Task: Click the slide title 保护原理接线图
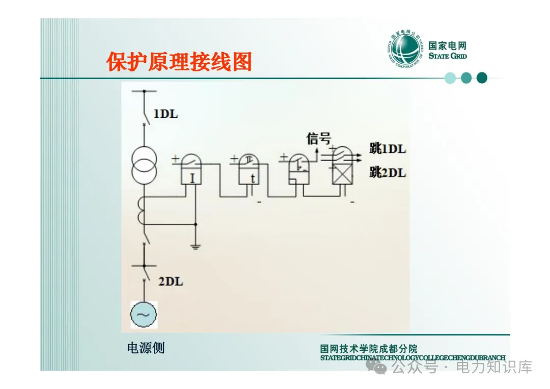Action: coord(179,62)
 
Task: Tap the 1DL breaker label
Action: coord(166,114)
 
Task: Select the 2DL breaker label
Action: coord(171,281)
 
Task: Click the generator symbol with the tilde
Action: coord(144,315)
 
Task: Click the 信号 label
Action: coord(319,138)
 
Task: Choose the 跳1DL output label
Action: coord(388,149)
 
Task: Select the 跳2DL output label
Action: coord(388,173)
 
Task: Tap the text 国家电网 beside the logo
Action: coord(448,45)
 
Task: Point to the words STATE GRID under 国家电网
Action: coord(448,56)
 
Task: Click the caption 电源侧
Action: coord(146,348)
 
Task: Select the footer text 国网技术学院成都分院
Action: coord(369,349)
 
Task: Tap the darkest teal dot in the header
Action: coord(482,78)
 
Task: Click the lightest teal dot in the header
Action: coord(450,78)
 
